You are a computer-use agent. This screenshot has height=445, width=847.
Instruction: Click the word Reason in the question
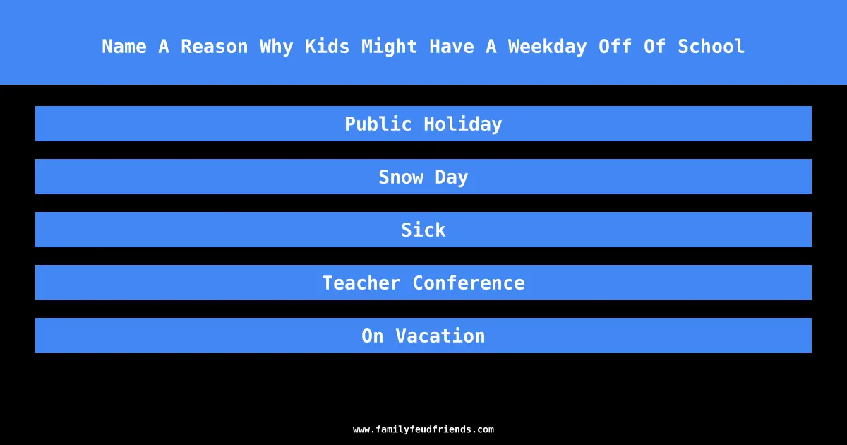pyautogui.click(x=214, y=47)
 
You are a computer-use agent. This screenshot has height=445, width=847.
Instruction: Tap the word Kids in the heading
pyautogui.click(x=327, y=47)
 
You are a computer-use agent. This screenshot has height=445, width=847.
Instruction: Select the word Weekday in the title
pyautogui.click(x=547, y=47)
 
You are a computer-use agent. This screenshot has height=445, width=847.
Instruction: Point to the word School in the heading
pyautogui.click(x=711, y=47)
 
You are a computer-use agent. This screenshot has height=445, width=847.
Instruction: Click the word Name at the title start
pyautogui.click(x=124, y=47)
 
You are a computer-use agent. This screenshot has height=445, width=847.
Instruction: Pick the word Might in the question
pyautogui.click(x=389, y=47)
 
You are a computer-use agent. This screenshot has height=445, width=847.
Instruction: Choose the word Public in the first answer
pyautogui.click(x=378, y=124)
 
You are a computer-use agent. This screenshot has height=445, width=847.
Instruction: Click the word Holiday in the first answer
pyautogui.click(x=463, y=124)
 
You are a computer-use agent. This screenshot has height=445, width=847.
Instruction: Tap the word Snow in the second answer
pyautogui.click(x=401, y=177)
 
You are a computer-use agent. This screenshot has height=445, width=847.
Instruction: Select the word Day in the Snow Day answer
pyautogui.click(x=452, y=177)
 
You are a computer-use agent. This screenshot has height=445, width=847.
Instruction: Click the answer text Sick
pyautogui.click(x=423, y=230)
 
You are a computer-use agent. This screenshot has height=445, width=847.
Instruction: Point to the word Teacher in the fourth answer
pyautogui.click(x=361, y=283)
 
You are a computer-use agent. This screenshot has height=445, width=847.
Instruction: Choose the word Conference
pyautogui.click(x=469, y=283)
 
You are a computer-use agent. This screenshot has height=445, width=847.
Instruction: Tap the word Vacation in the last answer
pyautogui.click(x=440, y=336)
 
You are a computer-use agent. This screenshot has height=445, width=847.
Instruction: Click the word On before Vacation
pyautogui.click(x=373, y=336)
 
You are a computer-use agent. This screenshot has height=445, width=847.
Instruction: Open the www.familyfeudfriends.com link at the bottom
pyautogui.click(x=423, y=429)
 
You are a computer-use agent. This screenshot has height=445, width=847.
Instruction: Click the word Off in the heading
pyautogui.click(x=615, y=47)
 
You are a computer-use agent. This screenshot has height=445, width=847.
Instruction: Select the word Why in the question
pyautogui.click(x=277, y=47)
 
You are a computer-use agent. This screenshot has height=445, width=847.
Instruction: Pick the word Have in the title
pyautogui.click(x=452, y=47)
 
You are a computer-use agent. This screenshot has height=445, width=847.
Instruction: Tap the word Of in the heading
pyautogui.click(x=654, y=47)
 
